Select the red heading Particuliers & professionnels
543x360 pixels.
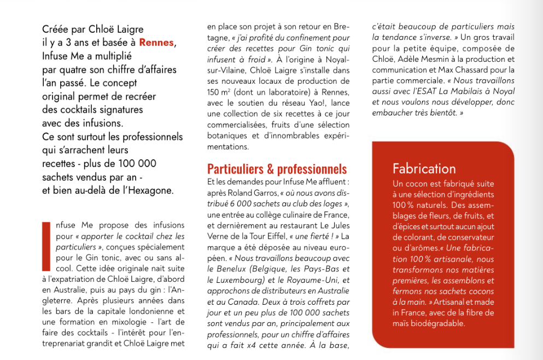pos(277,169)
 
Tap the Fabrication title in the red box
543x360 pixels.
pos(424,168)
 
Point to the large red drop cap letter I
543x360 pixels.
pos(46,246)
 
